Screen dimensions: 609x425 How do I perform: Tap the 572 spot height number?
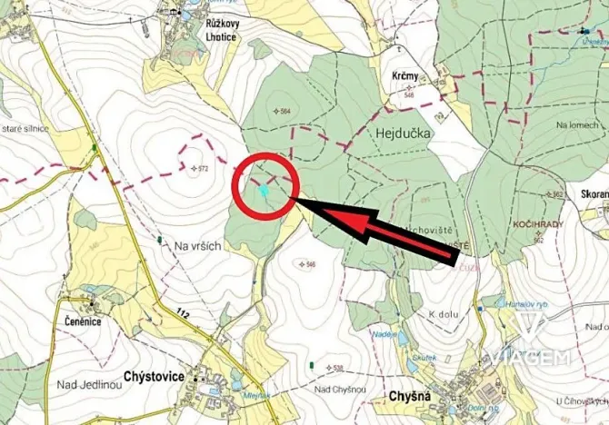(203, 169)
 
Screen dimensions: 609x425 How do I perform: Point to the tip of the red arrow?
(301, 203)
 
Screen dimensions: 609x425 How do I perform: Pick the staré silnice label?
(25, 131)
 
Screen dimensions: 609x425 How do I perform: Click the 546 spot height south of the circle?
(309, 264)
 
